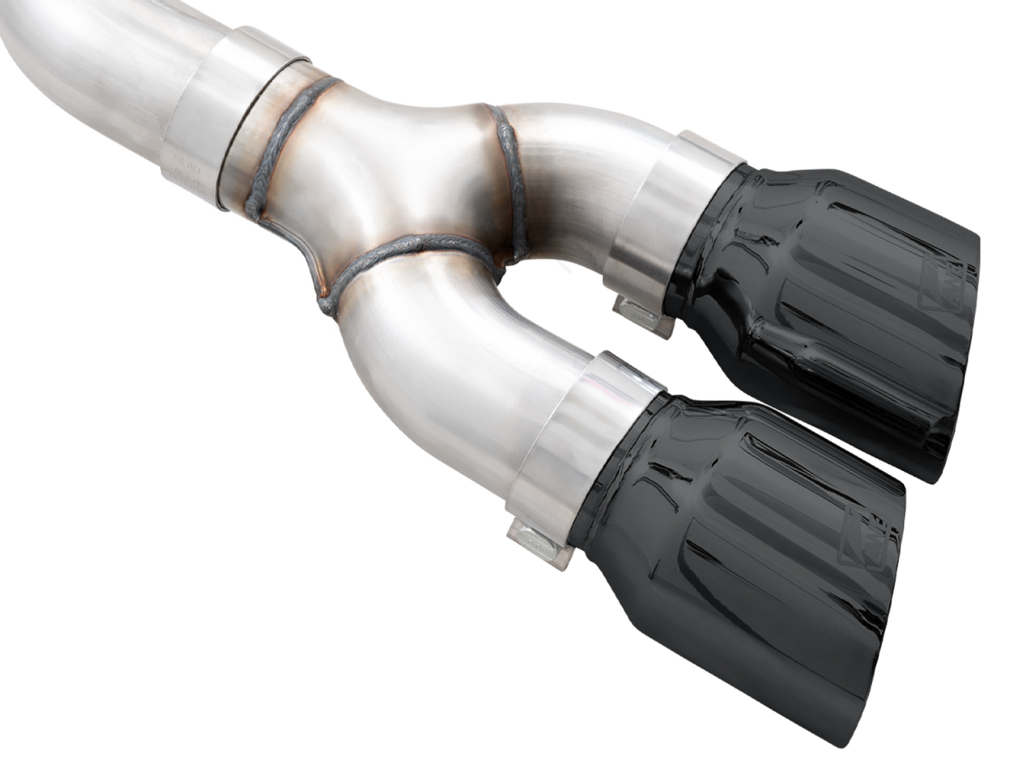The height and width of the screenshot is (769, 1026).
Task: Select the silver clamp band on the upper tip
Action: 667,213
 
